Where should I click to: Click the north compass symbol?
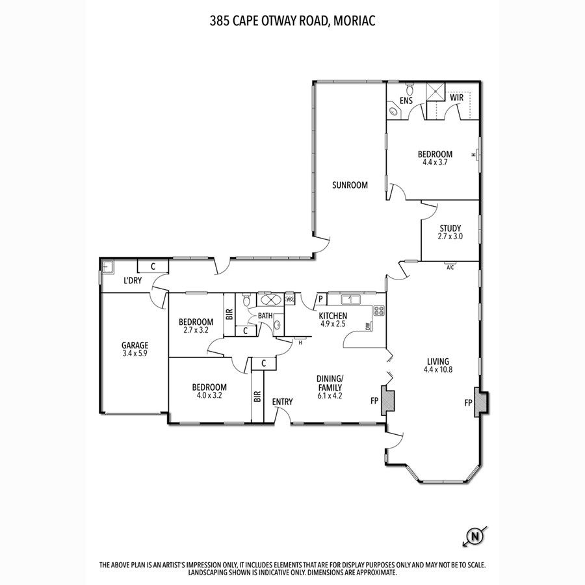[475, 536]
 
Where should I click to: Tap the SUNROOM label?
[350, 185]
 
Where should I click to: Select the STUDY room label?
[450, 228]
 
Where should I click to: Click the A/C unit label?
[450, 268]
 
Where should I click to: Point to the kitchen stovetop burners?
[379, 311]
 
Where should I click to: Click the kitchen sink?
[350, 299]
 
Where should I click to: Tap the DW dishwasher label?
[369, 326]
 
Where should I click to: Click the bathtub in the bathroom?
[270, 299]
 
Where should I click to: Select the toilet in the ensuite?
[409, 89]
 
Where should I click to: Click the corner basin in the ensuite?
[393, 110]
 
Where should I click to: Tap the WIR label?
[457, 97]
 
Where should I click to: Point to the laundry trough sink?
[108, 267]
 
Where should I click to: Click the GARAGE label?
[135, 345]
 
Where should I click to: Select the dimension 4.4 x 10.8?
[438, 370]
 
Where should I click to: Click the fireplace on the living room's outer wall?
[481, 402]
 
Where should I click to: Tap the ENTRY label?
[283, 402]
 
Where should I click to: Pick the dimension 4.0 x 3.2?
[209, 395]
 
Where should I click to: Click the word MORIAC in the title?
[354, 21]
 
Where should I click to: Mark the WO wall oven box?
[290, 299]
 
